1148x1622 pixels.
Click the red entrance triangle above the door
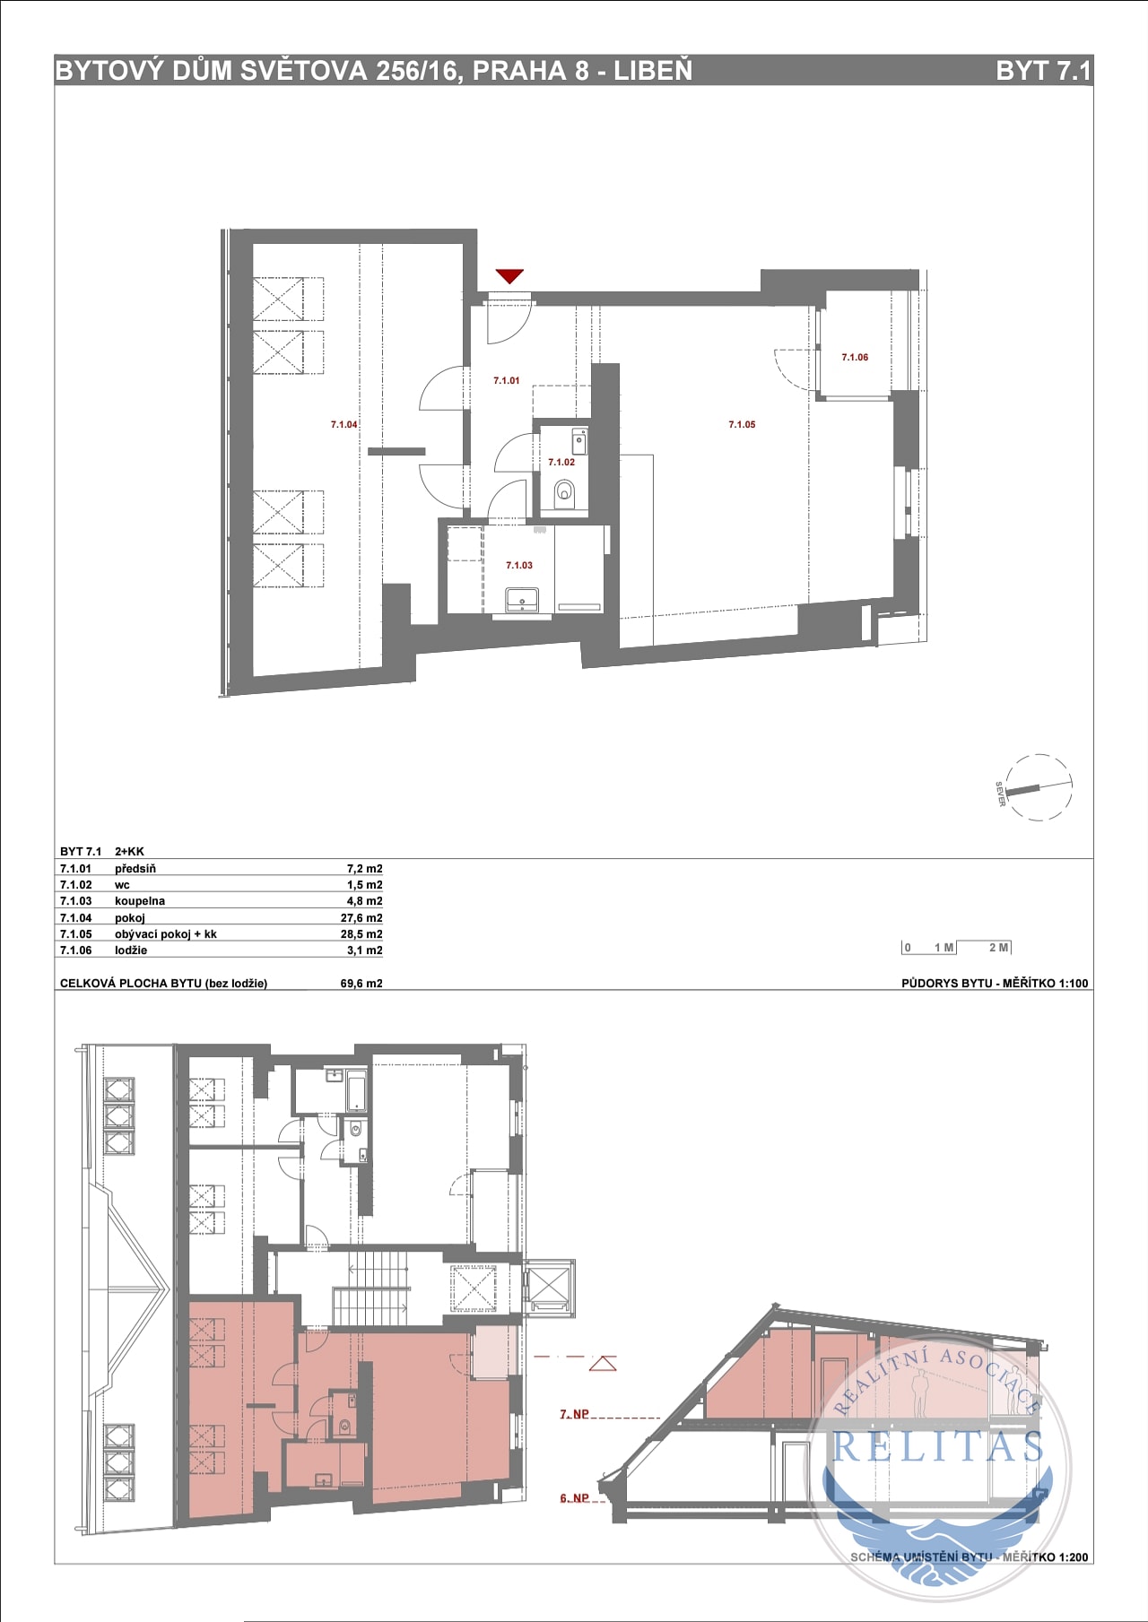tap(509, 276)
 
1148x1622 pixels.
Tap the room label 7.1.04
tap(344, 425)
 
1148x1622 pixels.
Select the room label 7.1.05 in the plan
tap(742, 425)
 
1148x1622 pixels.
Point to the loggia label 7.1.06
tap(855, 357)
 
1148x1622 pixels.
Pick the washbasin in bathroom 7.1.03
tap(521, 599)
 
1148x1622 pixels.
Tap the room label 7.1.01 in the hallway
tap(507, 381)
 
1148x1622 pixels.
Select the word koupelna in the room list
tap(140, 901)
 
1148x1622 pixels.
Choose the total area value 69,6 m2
tap(361, 984)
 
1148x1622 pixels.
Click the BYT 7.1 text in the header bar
tap(1043, 71)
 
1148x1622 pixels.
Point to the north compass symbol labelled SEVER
tap(1038, 787)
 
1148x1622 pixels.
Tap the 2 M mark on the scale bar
tap(998, 948)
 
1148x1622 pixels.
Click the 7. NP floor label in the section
tap(575, 1414)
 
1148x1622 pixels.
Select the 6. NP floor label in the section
tap(575, 1498)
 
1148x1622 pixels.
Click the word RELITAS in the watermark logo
tap(939, 1447)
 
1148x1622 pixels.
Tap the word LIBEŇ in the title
tap(653, 71)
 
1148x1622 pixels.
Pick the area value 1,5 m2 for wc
tap(365, 885)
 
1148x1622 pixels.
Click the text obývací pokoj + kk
tap(166, 934)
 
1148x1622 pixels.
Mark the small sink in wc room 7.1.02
tap(579, 441)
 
